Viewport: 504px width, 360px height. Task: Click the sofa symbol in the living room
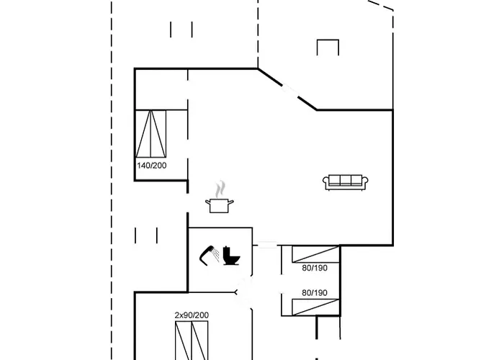click(345, 182)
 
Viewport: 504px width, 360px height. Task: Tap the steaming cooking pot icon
click(220, 197)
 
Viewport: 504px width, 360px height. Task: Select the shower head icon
click(210, 256)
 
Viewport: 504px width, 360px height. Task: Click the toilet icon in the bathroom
click(231, 256)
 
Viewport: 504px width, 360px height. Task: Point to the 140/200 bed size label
click(152, 166)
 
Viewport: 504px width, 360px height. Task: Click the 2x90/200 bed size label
click(192, 315)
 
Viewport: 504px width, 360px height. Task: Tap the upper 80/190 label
click(315, 268)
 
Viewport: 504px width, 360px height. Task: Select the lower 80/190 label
click(315, 293)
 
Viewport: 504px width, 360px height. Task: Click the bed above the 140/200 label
click(150, 134)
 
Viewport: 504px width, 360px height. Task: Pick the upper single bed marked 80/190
click(315, 254)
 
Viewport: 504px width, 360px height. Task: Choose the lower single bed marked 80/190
click(315, 307)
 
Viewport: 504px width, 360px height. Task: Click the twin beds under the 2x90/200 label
click(192, 341)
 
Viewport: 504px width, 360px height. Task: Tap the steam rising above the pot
click(220, 189)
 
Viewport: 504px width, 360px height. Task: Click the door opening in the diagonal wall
click(290, 91)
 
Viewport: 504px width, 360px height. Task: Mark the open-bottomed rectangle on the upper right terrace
click(328, 48)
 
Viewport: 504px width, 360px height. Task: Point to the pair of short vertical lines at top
click(181, 30)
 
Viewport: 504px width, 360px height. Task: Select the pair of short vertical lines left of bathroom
click(146, 235)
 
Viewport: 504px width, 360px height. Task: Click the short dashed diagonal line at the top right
click(381, 6)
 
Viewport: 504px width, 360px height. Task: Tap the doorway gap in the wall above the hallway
click(267, 246)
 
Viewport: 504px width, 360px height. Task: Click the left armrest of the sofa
click(326, 183)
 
